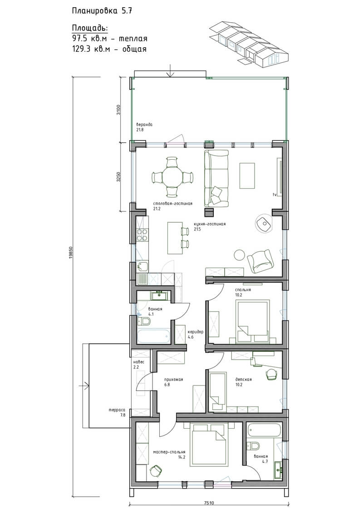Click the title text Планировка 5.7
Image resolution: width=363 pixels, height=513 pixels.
click(102, 11)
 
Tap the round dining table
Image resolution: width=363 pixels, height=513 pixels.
click(172, 177)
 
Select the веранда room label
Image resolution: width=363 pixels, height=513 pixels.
click(144, 125)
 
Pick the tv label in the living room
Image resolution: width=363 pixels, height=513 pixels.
click(275, 195)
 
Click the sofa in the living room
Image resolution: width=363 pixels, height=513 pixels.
click(216, 178)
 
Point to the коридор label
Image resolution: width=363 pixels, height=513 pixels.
click(196, 332)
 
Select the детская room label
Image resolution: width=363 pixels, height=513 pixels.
click(244, 380)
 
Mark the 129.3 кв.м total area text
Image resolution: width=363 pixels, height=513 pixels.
click(109, 49)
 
